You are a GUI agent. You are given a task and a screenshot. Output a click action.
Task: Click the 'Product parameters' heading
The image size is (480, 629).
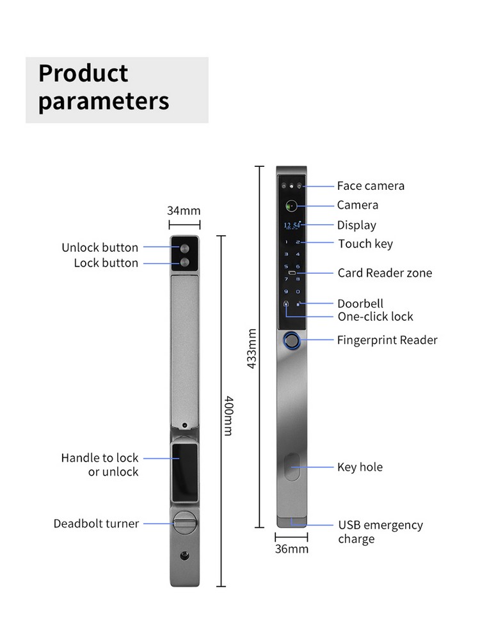click(x=104, y=88)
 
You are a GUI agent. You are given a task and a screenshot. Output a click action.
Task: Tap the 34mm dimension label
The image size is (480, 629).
click(x=184, y=210)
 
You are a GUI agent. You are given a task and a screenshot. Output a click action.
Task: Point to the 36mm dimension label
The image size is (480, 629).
click(x=291, y=548)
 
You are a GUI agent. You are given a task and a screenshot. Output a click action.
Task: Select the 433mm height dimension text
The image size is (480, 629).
click(x=252, y=348)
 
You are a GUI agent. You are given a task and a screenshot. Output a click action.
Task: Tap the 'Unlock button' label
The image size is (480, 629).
click(x=100, y=247)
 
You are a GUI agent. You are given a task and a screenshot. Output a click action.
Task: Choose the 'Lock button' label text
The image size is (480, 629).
click(x=106, y=263)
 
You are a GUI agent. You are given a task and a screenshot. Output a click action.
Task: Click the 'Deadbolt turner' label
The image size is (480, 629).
click(x=96, y=524)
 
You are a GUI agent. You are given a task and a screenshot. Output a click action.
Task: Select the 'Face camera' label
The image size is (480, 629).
click(x=371, y=186)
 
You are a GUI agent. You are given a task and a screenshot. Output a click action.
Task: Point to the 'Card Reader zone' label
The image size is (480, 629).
click(x=385, y=273)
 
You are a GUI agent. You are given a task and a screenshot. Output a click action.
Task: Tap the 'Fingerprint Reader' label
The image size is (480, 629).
click(x=387, y=340)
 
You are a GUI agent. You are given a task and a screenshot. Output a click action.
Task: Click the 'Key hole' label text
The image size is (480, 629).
click(x=360, y=467)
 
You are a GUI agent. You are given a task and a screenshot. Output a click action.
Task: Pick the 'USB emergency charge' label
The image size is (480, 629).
click(x=380, y=532)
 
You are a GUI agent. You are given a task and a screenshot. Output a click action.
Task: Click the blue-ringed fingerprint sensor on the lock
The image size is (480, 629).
click(x=292, y=341)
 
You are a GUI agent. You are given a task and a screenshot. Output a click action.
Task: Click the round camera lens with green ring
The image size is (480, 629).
click(x=291, y=206)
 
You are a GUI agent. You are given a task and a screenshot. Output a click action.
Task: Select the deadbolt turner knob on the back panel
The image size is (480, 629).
click(x=184, y=524)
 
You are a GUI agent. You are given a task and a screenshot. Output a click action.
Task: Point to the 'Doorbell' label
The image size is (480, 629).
click(x=360, y=304)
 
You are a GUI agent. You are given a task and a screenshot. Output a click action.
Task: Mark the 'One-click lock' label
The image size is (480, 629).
click(x=376, y=316)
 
